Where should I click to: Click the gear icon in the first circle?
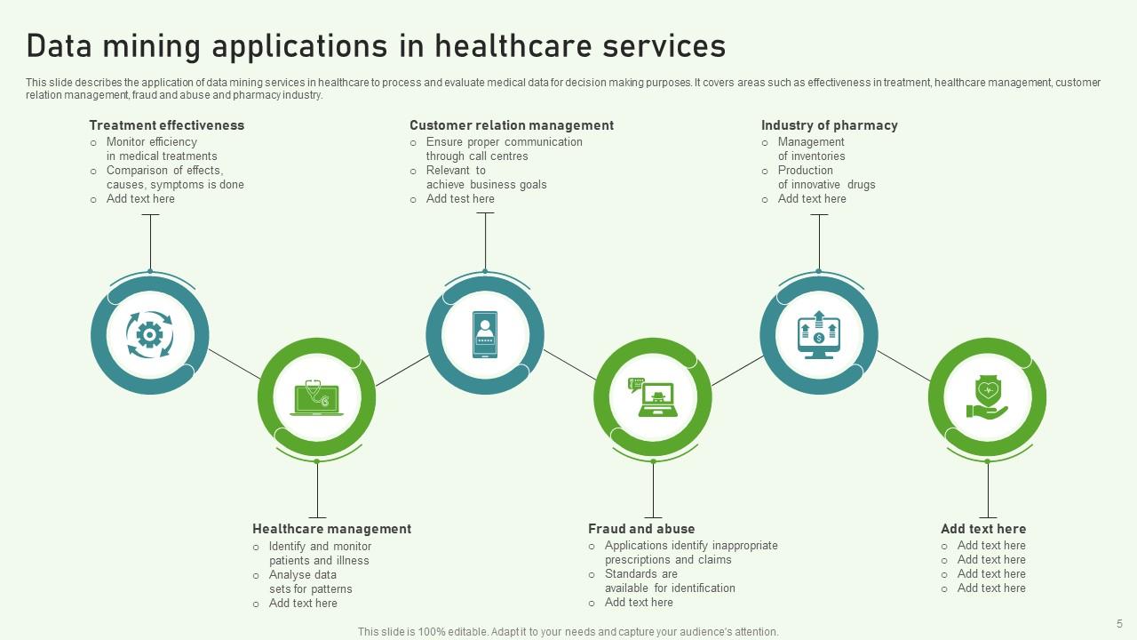pos(149,335)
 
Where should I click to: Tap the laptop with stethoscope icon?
pos(316,397)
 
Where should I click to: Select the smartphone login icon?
pos(484,334)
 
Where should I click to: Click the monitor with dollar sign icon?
pos(818,334)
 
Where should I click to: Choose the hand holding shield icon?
pos(987,397)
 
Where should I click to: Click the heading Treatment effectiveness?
pos(166,125)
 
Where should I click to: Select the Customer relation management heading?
pos(511,125)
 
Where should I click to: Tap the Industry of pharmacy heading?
pos(829,125)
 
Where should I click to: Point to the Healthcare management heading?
pos(331,529)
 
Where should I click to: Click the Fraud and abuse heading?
pos(641,529)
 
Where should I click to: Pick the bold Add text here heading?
pos(982,529)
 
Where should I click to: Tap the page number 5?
pos(1119,623)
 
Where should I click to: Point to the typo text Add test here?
pos(460,199)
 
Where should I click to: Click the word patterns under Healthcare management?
pos(331,589)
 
